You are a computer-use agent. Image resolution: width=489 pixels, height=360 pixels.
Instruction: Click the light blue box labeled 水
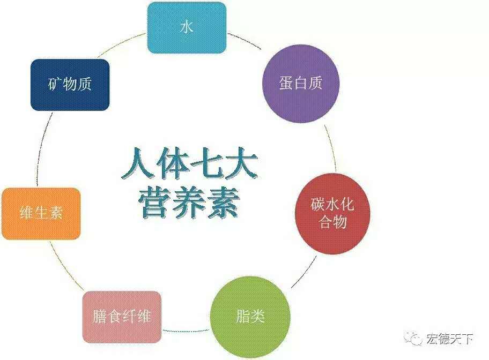tap(187, 27)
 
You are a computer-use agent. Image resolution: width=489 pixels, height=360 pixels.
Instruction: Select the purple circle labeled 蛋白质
tap(301, 84)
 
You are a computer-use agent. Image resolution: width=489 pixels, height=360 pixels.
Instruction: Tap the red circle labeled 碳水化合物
tap(332, 214)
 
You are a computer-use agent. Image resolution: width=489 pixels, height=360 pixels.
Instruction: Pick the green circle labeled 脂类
tap(250, 317)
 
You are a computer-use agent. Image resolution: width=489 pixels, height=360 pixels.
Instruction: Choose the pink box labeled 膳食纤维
tap(122, 317)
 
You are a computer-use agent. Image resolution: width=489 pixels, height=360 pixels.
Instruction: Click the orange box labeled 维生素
tap(41, 214)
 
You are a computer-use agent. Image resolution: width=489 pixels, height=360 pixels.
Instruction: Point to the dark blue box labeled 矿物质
tap(70, 85)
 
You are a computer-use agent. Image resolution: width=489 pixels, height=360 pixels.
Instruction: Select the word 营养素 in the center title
tap(189, 203)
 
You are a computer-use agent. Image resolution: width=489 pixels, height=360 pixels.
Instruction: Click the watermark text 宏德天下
tap(449, 339)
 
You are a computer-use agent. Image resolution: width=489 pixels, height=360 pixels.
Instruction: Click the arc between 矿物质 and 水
tap(121, 44)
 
